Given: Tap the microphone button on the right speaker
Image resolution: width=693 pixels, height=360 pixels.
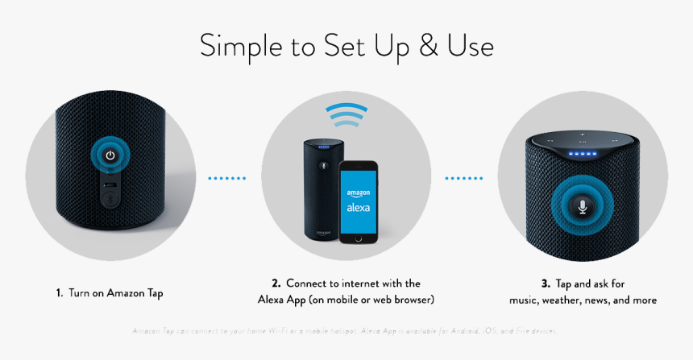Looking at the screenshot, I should point(583,207).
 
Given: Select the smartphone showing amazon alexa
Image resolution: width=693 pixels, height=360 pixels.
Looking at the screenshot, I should point(359,201).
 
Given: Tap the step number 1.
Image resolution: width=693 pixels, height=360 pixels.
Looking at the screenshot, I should point(59,294).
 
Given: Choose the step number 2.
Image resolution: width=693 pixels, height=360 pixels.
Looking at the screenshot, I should point(276,283).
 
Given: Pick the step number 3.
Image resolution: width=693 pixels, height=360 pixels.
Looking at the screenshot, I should point(545,283).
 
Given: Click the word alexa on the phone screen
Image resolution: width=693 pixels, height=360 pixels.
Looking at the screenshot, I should point(359,207).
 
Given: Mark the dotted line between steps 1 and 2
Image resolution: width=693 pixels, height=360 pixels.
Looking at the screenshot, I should point(227,178).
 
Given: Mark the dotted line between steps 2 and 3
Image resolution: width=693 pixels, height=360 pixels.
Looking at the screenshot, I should point(465,178).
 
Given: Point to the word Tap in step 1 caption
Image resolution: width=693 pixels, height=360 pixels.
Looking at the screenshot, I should point(153,294).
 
